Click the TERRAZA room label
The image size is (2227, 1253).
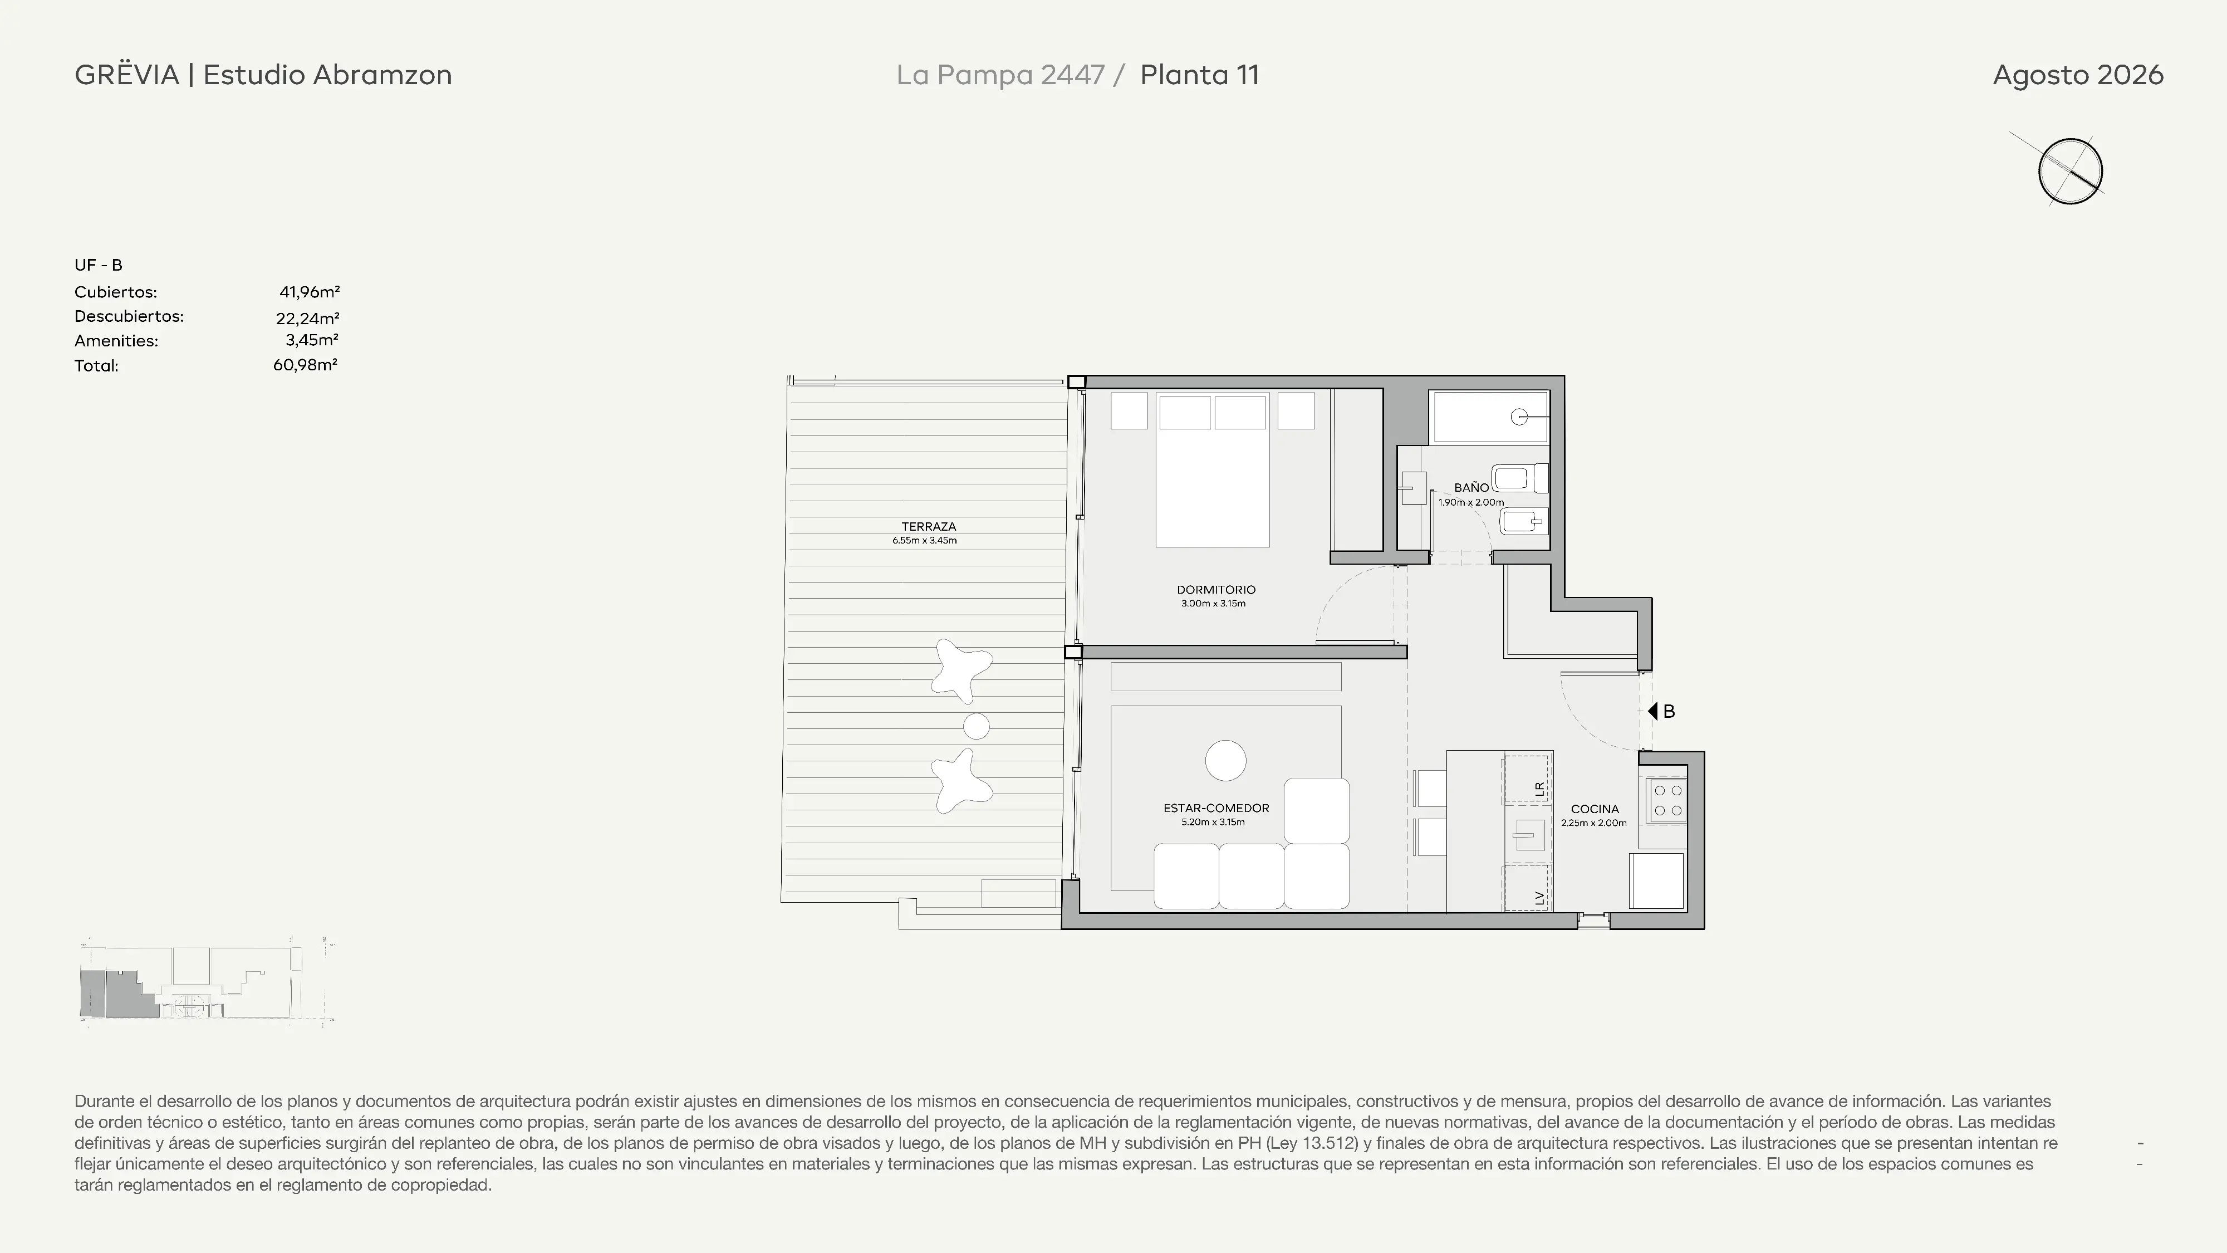pos(929,526)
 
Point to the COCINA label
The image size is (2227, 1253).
pos(1594,809)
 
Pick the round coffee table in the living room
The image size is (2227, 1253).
pos(1225,761)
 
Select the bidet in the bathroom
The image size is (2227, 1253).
pos(1523,521)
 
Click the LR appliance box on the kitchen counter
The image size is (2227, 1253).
pos(1526,779)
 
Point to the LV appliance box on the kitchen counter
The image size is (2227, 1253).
pos(1526,888)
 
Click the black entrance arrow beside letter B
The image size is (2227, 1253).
pos(1652,711)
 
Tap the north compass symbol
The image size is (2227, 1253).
pos(2069,170)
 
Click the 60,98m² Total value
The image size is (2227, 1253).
pos(305,365)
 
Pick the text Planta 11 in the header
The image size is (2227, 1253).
pos(1199,75)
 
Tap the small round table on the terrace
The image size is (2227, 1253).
pos(976,726)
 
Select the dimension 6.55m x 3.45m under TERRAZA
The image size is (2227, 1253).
pos(925,540)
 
